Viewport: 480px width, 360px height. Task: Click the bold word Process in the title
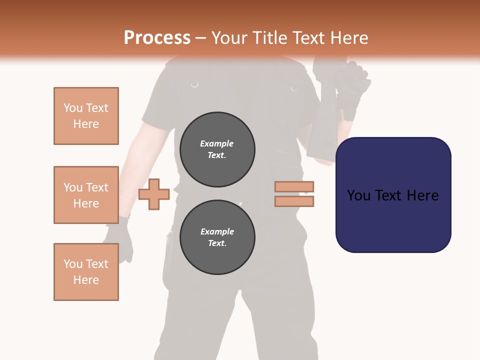tap(157, 38)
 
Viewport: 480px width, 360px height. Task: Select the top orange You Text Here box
tap(86, 116)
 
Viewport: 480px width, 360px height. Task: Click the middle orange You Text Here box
tap(86, 195)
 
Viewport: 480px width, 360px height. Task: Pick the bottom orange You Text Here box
tap(86, 272)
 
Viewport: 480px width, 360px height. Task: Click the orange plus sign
tap(154, 194)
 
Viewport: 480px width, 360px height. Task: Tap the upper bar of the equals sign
tap(294, 186)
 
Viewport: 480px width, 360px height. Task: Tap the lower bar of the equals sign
tap(294, 201)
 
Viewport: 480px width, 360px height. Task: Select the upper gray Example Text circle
tap(217, 149)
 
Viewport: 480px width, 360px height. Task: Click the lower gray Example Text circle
tap(217, 237)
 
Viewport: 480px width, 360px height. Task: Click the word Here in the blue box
tap(422, 195)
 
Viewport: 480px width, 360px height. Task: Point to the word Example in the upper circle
tap(217, 143)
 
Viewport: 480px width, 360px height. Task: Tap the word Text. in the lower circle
tap(217, 243)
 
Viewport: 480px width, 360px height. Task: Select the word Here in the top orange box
tap(86, 124)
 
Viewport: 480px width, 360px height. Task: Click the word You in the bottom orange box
tap(72, 264)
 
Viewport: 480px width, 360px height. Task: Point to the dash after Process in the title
tap(201, 38)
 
